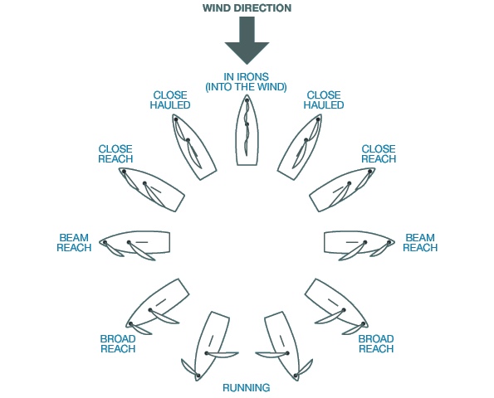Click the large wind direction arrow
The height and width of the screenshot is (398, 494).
[x=247, y=41]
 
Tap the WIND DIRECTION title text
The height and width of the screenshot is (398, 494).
[x=247, y=7]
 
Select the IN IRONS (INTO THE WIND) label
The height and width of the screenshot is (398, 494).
[x=246, y=82]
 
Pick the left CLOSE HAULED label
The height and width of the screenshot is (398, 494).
[x=170, y=100]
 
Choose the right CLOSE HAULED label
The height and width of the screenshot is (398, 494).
[x=324, y=100]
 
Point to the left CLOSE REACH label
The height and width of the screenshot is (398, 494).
[x=115, y=154]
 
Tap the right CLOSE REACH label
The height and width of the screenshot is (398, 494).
[x=379, y=154]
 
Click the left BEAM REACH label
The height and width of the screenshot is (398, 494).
[x=74, y=243]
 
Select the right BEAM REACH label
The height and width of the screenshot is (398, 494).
[x=420, y=243]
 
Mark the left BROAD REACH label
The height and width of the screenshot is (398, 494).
[x=118, y=344]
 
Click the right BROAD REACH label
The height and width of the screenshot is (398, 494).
[x=376, y=344]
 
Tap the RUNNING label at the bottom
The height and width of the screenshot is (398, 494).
[x=247, y=387]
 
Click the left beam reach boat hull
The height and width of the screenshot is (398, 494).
[x=135, y=243]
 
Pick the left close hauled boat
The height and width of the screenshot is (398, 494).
[x=193, y=148]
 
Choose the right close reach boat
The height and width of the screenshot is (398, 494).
[x=342, y=190]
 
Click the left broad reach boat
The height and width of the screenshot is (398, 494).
[x=158, y=307]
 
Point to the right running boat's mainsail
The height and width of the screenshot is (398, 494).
[x=272, y=355]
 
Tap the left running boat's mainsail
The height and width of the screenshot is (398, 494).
[x=222, y=355]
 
